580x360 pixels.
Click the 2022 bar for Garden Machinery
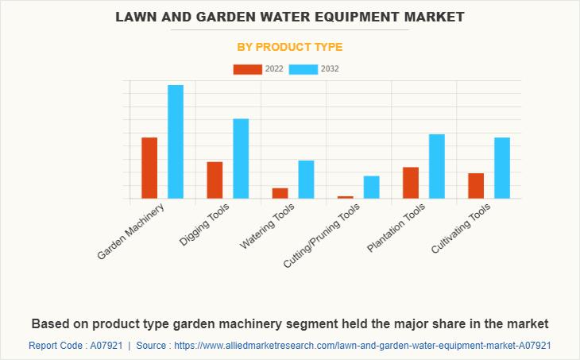coord(149,168)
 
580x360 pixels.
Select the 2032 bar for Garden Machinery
coord(176,141)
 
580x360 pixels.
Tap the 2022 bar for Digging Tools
coord(215,180)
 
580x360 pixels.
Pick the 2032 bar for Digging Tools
coord(241,158)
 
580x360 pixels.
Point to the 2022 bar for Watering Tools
coord(280,193)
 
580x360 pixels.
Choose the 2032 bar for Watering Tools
coord(306,179)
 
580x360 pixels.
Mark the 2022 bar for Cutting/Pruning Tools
coord(345,196)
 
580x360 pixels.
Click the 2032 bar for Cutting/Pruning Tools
coord(371,187)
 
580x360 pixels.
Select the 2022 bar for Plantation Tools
coord(410,182)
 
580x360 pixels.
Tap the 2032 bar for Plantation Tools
coord(436,166)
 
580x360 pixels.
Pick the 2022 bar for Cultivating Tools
coord(476,185)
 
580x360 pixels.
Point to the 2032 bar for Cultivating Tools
coord(501,168)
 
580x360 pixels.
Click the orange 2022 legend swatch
coord(247,69)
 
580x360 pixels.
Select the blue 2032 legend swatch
coord(303,69)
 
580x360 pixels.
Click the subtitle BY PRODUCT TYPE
coord(290,47)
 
